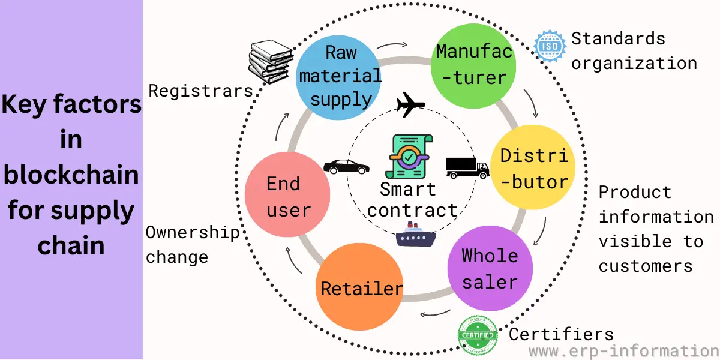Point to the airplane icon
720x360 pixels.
pyautogui.click(x=411, y=106)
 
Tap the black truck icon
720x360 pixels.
pyautogui.click(x=467, y=167)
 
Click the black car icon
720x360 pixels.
pyautogui.click(x=346, y=166)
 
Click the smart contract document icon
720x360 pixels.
pyautogui.click(x=411, y=156)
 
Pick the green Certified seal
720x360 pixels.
pyautogui.click(x=478, y=335)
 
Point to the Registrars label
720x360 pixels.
pyautogui.click(x=200, y=91)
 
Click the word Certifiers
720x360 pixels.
pyautogui.click(x=561, y=334)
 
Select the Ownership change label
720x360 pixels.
pyautogui.click(x=192, y=245)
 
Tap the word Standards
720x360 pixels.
pyautogui.click(x=618, y=39)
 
